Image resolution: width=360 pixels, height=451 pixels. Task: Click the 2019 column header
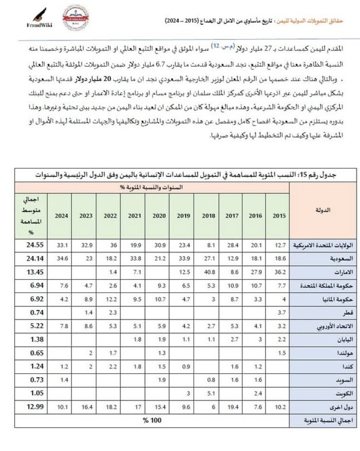click(182, 215)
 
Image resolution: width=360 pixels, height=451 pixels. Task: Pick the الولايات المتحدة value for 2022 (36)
click(108, 245)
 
